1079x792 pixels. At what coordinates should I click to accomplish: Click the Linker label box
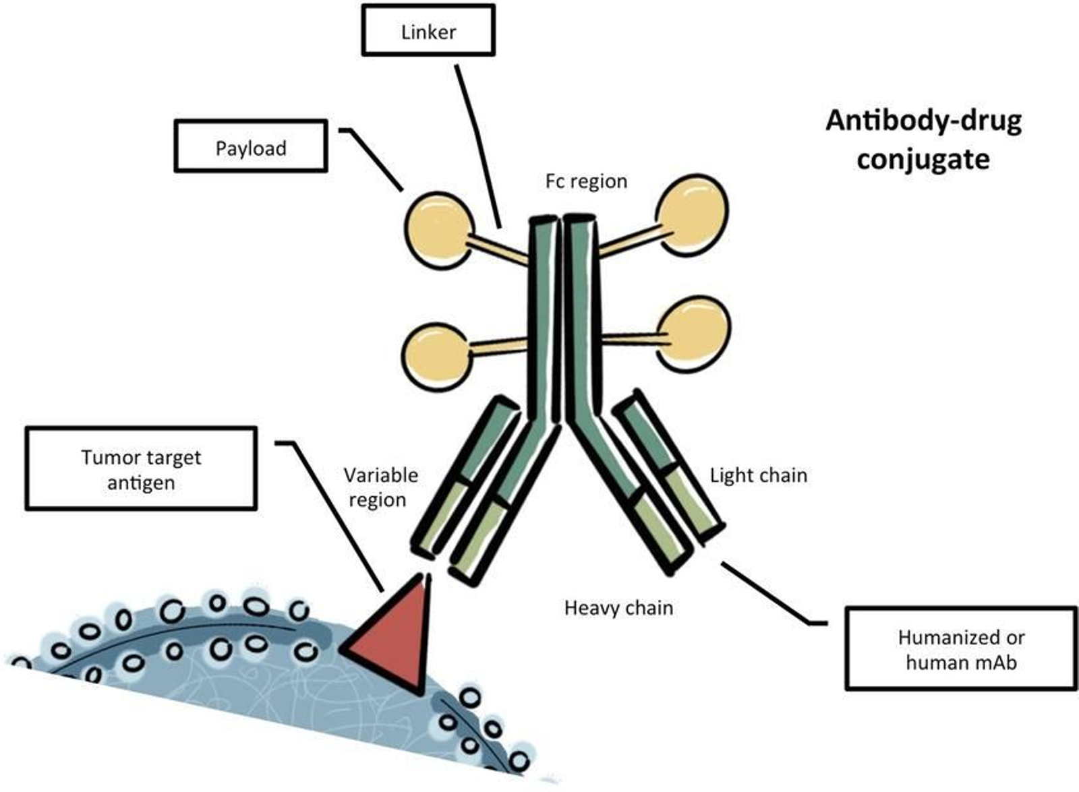click(x=428, y=30)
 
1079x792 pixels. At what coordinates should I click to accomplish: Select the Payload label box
click(x=251, y=146)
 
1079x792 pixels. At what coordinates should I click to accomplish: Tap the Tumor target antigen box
click(x=141, y=468)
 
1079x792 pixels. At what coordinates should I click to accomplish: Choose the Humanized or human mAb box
click(x=961, y=648)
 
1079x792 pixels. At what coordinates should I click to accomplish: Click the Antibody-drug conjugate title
click(x=923, y=140)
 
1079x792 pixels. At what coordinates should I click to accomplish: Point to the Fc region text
click(x=586, y=181)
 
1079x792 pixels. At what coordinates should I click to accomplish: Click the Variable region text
click(x=380, y=487)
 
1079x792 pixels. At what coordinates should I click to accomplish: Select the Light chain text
click(x=758, y=475)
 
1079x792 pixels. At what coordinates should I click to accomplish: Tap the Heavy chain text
click(x=618, y=608)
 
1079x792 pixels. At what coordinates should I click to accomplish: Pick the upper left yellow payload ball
click(x=438, y=230)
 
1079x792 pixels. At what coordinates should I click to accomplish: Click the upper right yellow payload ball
click(x=692, y=214)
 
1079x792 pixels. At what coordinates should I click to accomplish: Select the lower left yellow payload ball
click(x=436, y=355)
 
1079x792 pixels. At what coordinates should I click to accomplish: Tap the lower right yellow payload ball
click(x=693, y=334)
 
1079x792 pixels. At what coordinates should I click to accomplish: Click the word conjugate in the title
click(x=923, y=160)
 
